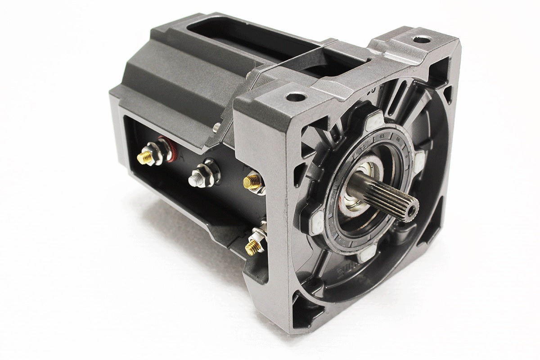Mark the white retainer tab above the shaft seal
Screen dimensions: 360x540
(x=373, y=122)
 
